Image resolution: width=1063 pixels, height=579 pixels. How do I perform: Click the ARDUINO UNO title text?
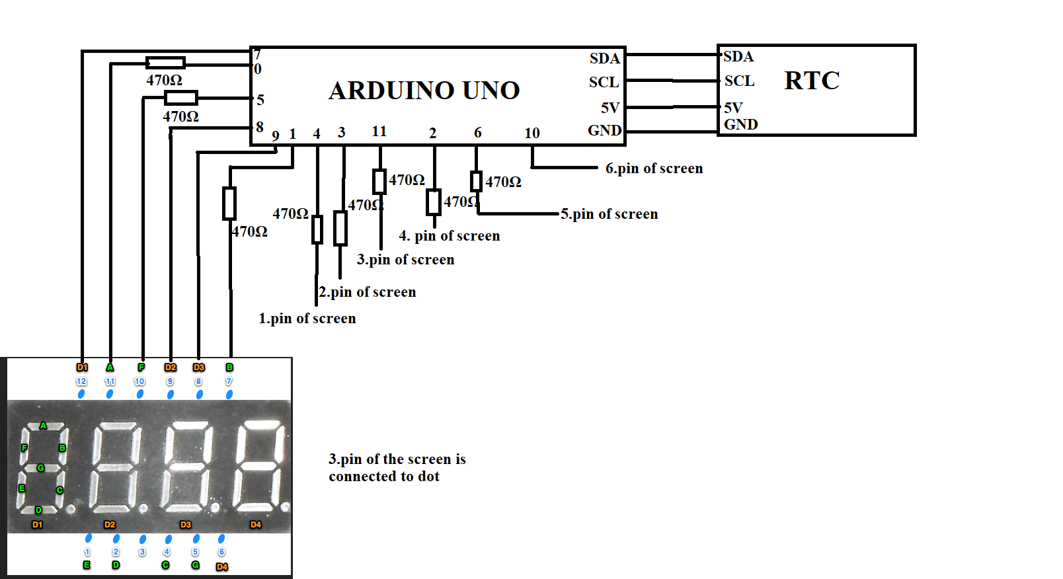click(424, 91)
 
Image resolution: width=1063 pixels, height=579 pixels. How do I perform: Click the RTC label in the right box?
click(812, 81)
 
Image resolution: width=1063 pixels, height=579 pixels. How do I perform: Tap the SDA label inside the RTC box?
click(738, 57)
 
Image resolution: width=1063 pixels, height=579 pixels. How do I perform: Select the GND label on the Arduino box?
click(604, 130)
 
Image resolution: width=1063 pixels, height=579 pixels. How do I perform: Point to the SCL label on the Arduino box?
click(604, 82)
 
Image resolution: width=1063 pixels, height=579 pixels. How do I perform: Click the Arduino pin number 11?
click(379, 131)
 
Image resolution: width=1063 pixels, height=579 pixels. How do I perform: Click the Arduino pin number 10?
click(531, 133)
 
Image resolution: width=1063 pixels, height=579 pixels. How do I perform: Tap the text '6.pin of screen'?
click(654, 169)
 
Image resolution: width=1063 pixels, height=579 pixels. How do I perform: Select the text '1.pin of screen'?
click(307, 319)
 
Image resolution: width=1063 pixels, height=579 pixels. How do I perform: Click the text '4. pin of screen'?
click(450, 236)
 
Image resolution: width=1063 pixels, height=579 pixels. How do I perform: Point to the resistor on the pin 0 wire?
click(165, 63)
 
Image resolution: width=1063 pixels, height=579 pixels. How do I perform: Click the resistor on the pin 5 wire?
click(180, 98)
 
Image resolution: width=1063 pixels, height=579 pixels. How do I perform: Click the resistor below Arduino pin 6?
click(476, 181)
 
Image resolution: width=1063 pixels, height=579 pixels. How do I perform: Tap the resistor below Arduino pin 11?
click(379, 181)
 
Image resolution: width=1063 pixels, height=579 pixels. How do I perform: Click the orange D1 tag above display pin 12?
click(82, 367)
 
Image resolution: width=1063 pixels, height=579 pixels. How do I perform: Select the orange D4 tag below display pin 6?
click(222, 566)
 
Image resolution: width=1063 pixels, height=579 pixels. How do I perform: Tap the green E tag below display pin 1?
click(87, 565)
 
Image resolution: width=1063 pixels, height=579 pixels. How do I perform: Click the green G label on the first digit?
click(41, 467)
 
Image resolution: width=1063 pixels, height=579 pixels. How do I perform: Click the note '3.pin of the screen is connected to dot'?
click(397, 467)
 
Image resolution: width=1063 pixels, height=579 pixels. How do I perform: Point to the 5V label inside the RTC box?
click(733, 107)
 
